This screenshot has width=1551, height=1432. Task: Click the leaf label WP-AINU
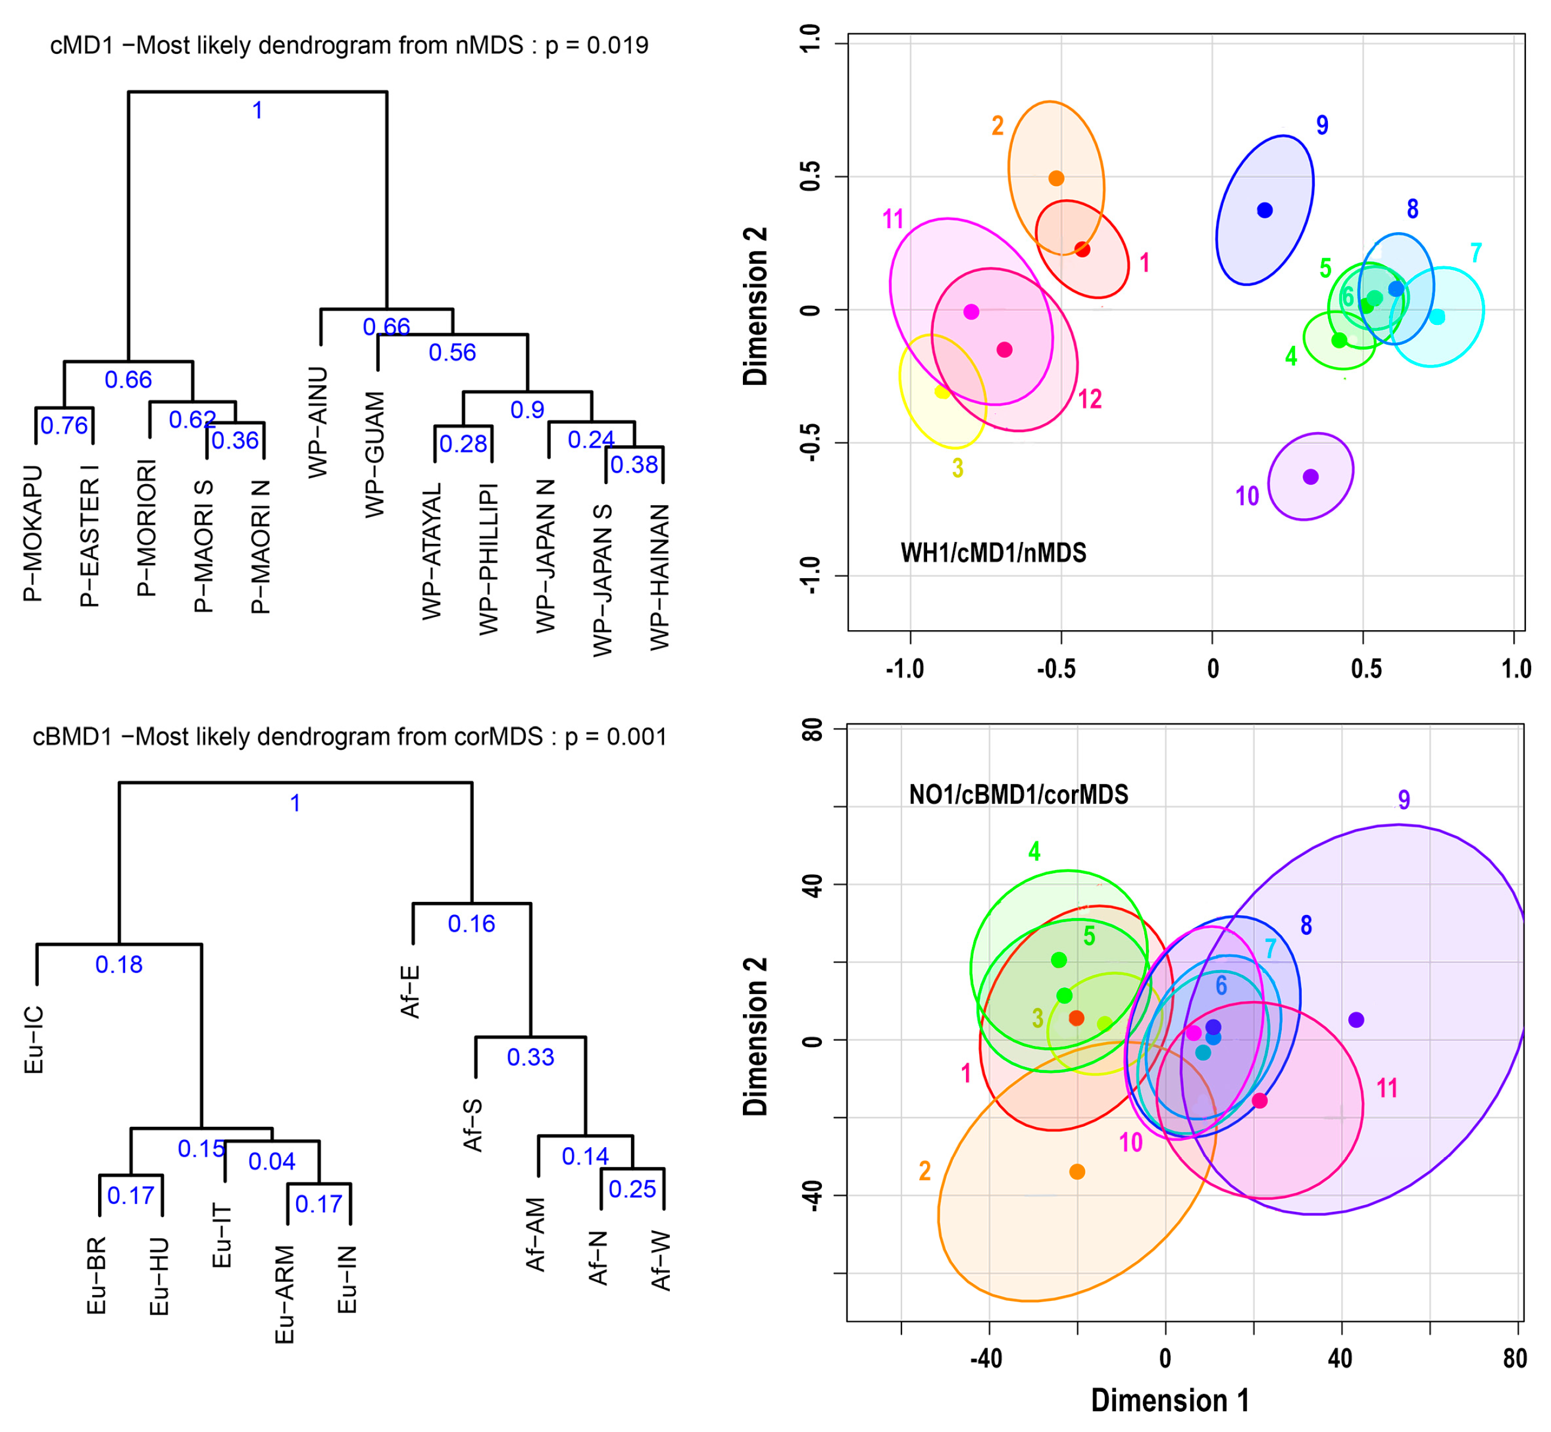[318, 422]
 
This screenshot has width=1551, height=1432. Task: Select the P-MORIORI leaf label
[147, 528]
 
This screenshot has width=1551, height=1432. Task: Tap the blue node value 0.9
[527, 410]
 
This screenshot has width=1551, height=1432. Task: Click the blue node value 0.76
[65, 425]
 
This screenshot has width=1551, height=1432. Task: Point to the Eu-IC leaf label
[34, 1040]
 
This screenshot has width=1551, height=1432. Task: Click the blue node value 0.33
[531, 1057]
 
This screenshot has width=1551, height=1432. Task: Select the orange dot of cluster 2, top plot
[1056, 178]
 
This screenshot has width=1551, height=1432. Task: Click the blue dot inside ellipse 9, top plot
[1264, 210]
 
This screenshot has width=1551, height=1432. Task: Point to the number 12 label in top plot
[1089, 399]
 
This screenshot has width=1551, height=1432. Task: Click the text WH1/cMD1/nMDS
[993, 552]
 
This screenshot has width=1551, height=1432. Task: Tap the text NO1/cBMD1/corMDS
[1018, 794]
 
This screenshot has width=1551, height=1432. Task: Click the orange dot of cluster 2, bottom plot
[1077, 1172]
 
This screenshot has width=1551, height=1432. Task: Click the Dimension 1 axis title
[1170, 1400]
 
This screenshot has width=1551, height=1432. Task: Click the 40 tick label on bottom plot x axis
[1340, 1358]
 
